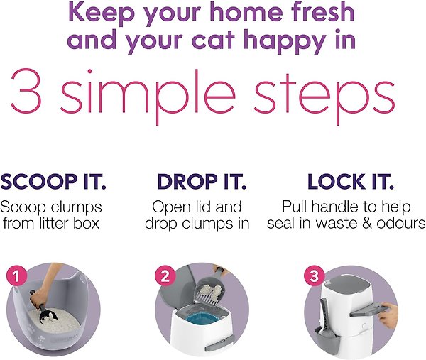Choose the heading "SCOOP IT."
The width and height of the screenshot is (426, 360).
click(x=53, y=182)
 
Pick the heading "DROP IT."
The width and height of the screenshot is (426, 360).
click(x=202, y=182)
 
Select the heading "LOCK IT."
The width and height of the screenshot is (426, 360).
click(x=350, y=182)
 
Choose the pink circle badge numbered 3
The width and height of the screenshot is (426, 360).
click(x=312, y=276)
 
